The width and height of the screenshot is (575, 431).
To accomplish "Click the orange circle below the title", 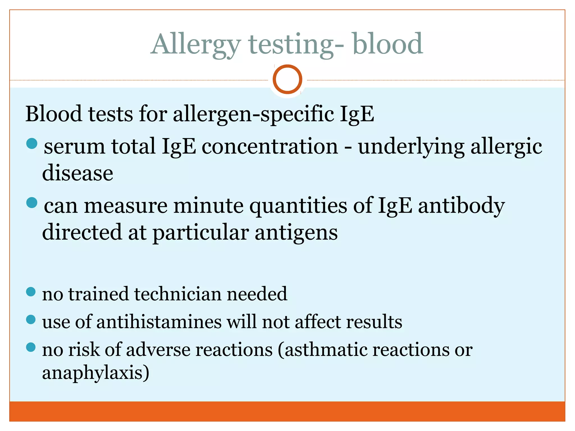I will [287, 79].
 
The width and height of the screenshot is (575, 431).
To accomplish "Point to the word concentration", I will [270, 146].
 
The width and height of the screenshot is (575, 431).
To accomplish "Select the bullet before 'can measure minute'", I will [32, 203].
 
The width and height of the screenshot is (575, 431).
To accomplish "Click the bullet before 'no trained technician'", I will [31, 292].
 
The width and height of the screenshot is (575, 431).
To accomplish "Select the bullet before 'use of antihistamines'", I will [31, 319].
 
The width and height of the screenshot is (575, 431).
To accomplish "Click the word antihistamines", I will [159, 322].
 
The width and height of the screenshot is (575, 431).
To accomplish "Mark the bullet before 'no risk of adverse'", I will [31, 347].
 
